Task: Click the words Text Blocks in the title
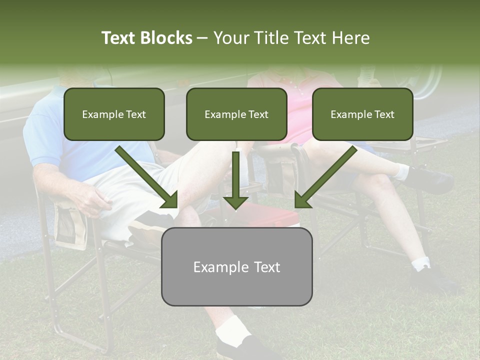tap(146, 38)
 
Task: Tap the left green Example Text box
tap(114, 114)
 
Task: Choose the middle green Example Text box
tap(236, 114)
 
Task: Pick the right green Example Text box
tap(362, 114)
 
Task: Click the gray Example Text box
tap(236, 266)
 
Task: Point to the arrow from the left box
tap(147, 177)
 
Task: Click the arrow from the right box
tap(325, 177)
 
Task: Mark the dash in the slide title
tap(202, 38)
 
